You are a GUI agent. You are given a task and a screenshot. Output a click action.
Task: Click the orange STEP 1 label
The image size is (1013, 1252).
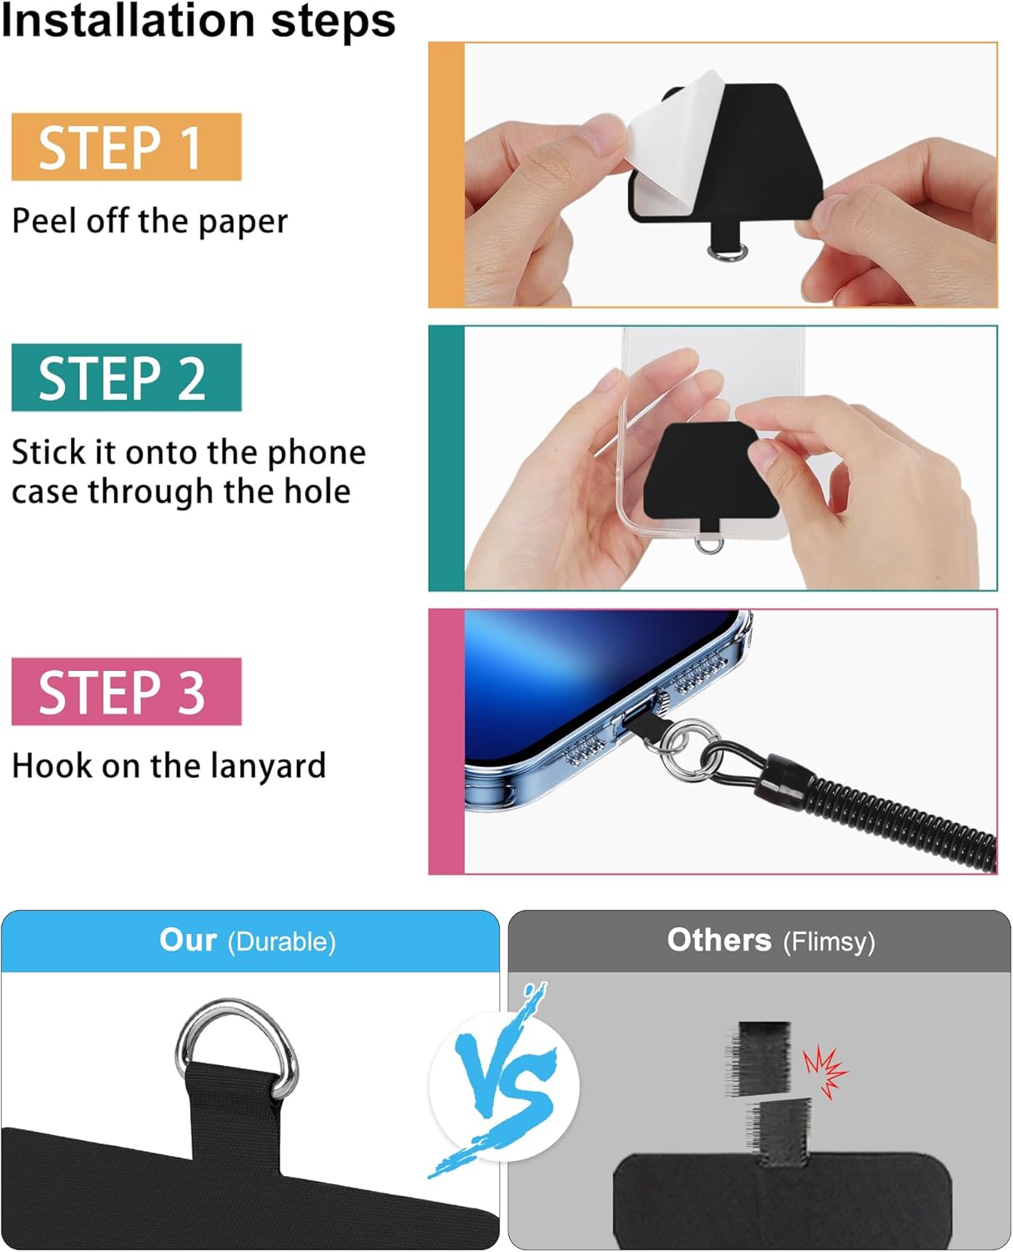point(126,147)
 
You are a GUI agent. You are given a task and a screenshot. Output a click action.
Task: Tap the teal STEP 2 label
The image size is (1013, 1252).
point(126,377)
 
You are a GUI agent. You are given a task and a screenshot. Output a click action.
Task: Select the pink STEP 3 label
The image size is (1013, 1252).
point(126,691)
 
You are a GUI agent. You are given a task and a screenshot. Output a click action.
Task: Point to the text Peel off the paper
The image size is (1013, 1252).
point(149,221)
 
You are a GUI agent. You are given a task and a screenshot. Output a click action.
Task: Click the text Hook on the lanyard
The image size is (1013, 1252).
point(169,765)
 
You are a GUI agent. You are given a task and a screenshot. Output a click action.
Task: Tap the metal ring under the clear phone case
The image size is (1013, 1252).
point(708,544)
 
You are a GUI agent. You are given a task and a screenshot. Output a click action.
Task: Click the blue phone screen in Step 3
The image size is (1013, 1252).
point(567,668)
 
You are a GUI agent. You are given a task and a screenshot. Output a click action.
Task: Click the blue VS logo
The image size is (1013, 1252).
point(503,1085)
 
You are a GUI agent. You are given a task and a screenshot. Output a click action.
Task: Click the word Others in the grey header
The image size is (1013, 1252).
point(718,941)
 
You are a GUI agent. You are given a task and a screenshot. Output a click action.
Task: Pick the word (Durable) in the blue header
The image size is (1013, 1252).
point(282,942)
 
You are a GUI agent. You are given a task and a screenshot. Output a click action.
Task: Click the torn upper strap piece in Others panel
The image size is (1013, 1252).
point(763,1057)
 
